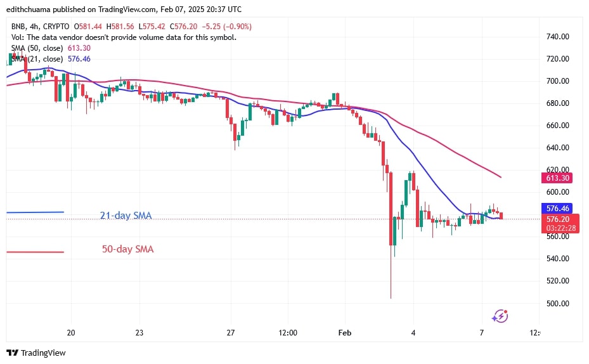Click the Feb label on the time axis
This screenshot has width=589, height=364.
[x=344, y=333]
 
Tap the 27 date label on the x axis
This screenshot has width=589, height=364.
[x=231, y=333]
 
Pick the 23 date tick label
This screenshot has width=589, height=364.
[x=139, y=333]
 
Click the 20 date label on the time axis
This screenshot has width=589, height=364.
[x=71, y=333]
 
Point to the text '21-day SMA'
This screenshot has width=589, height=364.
[x=126, y=216]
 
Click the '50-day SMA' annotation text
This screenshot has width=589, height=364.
[x=127, y=249]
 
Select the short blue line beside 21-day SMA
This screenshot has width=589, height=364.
[x=35, y=212]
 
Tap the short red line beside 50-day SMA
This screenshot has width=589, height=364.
[x=35, y=252]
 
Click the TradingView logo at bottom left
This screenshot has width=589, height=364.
[x=36, y=353]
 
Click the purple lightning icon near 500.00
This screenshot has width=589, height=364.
[x=500, y=315]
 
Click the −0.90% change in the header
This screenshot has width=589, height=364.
[x=237, y=26]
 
